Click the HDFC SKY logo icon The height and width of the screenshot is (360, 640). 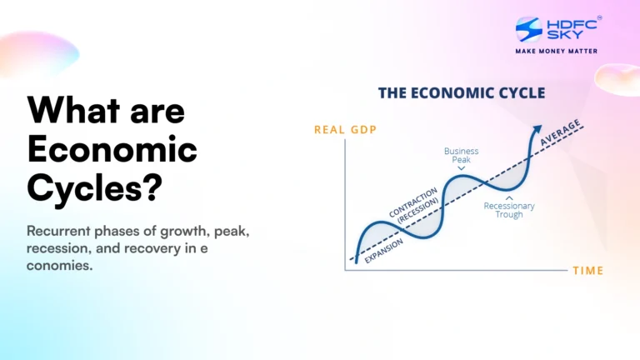529,29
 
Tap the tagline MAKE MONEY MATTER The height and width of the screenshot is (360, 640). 556,51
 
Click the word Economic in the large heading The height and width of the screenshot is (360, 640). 112,150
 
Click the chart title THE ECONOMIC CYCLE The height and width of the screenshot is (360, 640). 462,92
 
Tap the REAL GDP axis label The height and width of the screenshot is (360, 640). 341,129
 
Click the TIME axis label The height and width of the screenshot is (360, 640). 587,271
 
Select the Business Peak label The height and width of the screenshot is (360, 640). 461,155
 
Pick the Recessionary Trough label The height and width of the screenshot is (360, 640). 509,210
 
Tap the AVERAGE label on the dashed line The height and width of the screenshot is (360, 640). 561,133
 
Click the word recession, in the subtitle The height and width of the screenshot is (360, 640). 62,249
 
